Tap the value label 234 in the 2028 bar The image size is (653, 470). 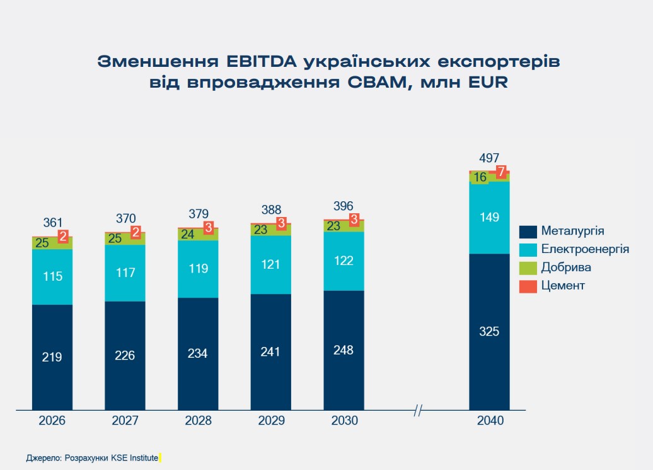pos(198,353)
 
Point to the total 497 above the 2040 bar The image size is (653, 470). pos(489,158)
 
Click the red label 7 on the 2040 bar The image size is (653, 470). pos(501,171)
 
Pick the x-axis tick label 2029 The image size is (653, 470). pos(271,421)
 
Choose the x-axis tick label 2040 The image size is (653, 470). pos(490,421)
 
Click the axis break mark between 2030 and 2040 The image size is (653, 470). pos(418,411)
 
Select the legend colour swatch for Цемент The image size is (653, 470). pos(528,286)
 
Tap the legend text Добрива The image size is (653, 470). pos(565,267)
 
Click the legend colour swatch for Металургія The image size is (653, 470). pos(528,231)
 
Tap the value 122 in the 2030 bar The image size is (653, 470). pos(344,261)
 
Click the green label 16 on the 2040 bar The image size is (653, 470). pos(480,177)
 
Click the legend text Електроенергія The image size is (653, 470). pos(584,249)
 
